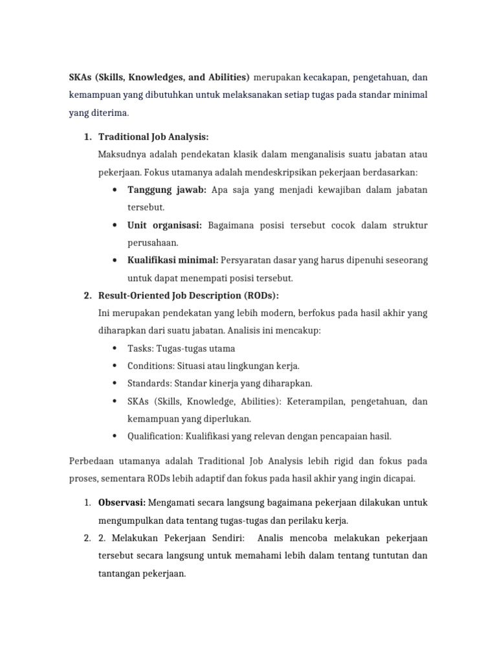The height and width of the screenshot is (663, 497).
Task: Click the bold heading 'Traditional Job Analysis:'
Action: [153, 137]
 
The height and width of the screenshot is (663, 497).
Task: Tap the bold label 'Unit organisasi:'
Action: [165, 225]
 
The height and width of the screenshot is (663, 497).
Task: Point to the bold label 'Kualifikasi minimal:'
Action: [173, 260]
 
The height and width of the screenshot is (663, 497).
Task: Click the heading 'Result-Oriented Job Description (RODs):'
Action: [188, 296]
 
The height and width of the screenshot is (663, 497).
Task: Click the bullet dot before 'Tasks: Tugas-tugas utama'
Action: [114, 348]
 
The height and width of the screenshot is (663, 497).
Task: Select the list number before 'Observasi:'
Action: [88, 502]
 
